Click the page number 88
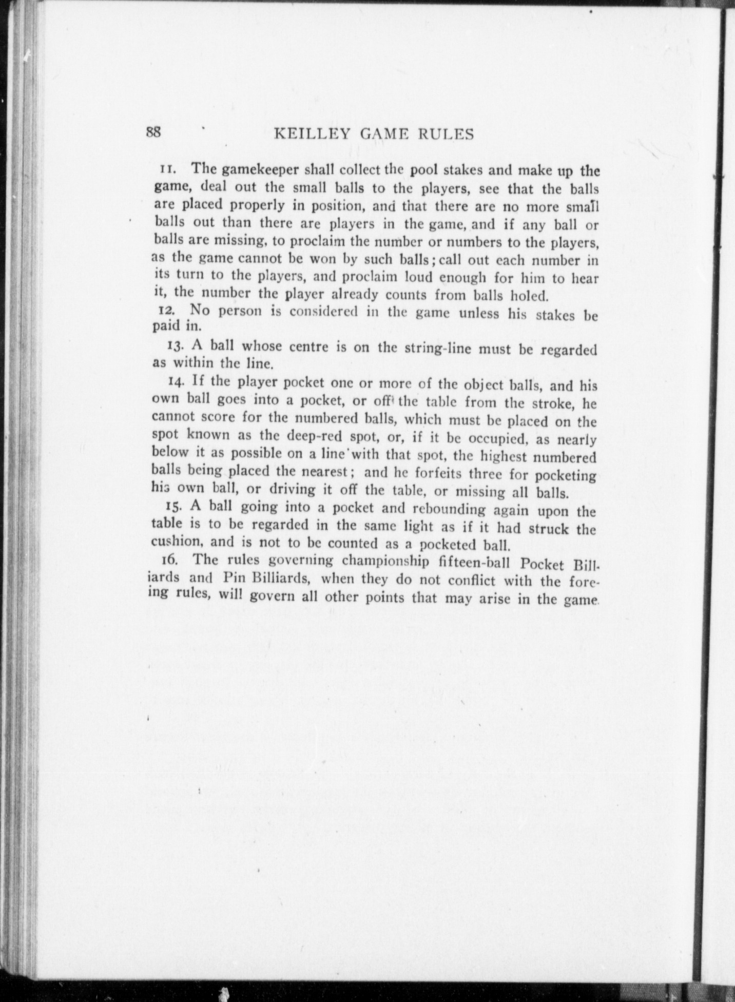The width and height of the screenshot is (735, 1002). pyautogui.click(x=154, y=132)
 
